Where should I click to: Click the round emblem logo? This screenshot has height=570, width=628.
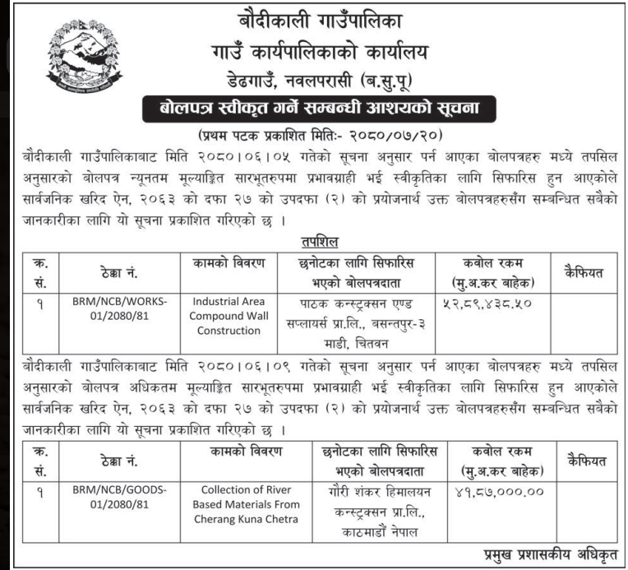(79, 57)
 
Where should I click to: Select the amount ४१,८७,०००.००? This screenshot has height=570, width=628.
(491, 492)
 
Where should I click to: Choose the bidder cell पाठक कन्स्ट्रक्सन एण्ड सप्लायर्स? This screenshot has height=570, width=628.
(354, 315)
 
